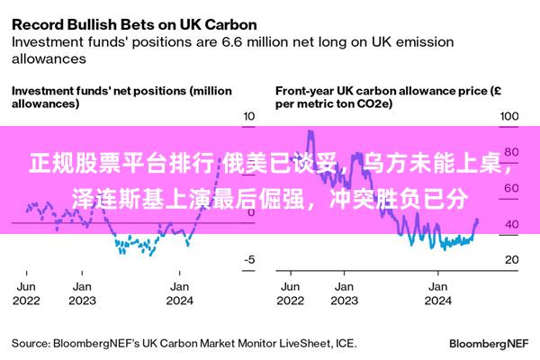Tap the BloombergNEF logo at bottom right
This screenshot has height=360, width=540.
coord(488,343)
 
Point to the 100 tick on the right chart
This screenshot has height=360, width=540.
coord(509,117)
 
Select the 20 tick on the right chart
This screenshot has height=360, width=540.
coord(509,259)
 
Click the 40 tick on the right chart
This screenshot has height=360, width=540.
coord(509,224)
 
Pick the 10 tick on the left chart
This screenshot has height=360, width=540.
coord(249,117)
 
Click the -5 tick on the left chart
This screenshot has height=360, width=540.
coord(249,259)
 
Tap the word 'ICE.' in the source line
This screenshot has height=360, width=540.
coord(344,343)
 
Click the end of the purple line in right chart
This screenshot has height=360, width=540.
coord(477,220)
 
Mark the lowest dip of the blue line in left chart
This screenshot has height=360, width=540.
coord(117,251)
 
